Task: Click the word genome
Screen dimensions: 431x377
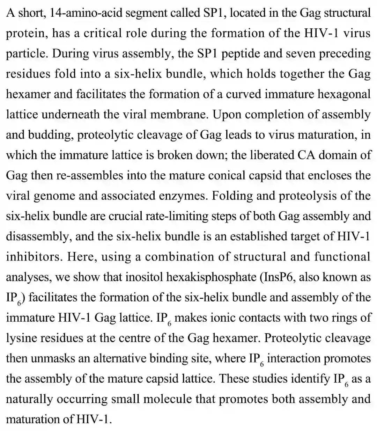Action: (x=54, y=196)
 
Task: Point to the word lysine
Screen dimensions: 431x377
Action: (x=23, y=338)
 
